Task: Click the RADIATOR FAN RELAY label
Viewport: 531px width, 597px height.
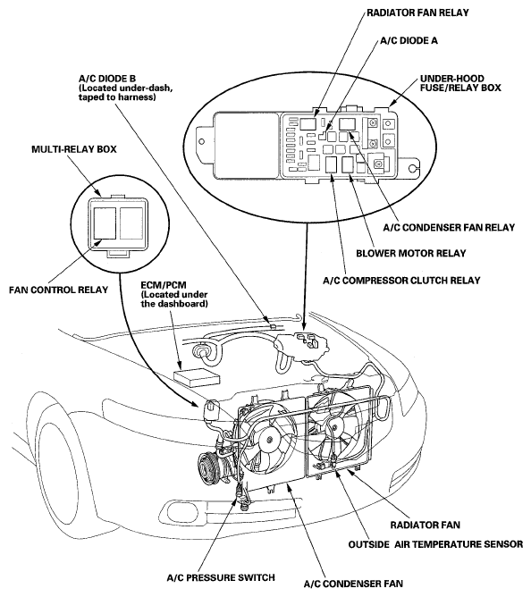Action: (x=417, y=13)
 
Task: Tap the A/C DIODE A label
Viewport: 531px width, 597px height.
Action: (x=409, y=40)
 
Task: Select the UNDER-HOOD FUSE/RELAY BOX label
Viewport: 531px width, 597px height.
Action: (x=460, y=83)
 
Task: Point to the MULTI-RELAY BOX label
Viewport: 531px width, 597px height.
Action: (x=74, y=149)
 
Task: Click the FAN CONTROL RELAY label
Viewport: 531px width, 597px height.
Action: (x=59, y=290)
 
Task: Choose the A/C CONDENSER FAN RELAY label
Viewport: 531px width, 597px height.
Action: (x=449, y=227)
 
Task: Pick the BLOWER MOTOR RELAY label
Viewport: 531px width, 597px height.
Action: (x=411, y=253)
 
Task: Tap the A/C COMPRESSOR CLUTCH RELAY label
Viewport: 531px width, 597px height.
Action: (x=401, y=281)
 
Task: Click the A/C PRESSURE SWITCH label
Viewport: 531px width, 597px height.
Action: (x=221, y=577)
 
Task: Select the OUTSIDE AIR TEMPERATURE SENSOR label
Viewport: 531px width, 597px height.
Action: (x=435, y=544)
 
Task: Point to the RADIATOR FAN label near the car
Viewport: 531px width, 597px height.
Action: (x=426, y=525)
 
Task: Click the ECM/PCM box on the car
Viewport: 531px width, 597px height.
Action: (x=197, y=376)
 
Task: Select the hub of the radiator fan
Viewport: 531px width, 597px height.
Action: (x=334, y=428)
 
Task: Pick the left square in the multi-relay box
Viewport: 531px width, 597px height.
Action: (x=105, y=223)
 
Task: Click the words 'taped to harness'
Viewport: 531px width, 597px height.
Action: (x=117, y=97)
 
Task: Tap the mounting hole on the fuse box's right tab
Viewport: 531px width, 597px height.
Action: (x=412, y=169)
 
